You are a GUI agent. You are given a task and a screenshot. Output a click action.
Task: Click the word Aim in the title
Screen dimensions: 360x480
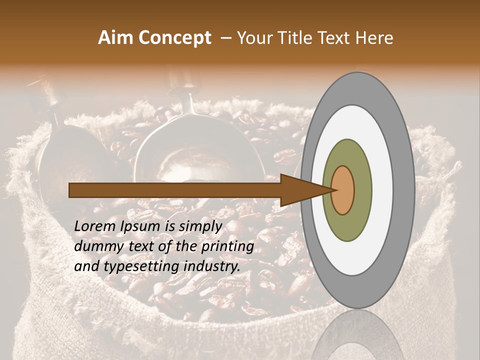click(115, 38)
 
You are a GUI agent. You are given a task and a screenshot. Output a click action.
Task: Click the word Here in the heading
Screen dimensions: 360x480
click(374, 38)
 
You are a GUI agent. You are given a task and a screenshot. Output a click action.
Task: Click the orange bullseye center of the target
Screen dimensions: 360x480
click(343, 190)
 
